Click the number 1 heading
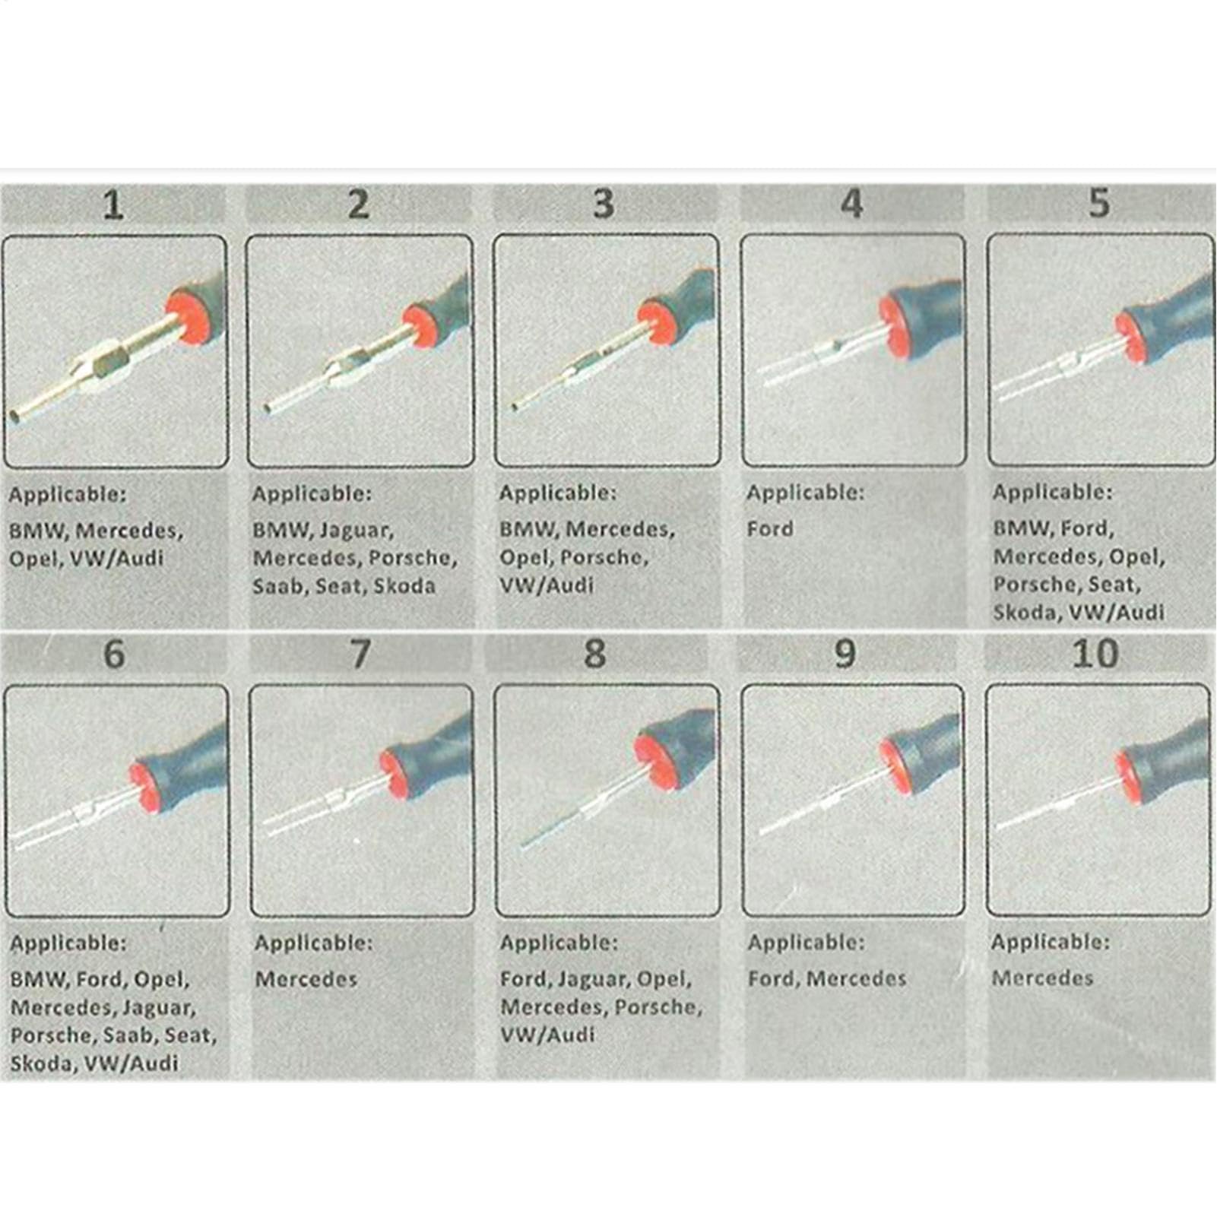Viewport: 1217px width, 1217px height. [113, 205]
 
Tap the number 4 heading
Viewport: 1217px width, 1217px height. [852, 204]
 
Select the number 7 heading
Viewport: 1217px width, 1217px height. [360, 654]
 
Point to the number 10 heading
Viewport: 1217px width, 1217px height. [1095, 654]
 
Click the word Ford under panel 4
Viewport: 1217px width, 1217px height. [770, 528]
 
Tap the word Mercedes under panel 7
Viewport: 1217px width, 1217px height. [306, 978]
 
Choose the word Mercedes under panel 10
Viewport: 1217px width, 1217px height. [1042, 978]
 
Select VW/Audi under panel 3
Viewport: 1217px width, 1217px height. [547, 585]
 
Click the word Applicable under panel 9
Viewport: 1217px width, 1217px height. [806, 943]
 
